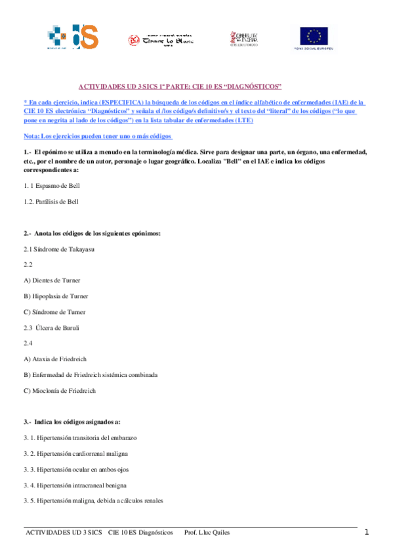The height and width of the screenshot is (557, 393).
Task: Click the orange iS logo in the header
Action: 85,37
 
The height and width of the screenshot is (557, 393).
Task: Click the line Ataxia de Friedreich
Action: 54,359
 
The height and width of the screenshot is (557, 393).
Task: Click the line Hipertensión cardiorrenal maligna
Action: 75,453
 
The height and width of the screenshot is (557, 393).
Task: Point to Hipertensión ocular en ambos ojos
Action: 75,469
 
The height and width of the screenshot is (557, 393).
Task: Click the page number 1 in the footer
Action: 367,532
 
